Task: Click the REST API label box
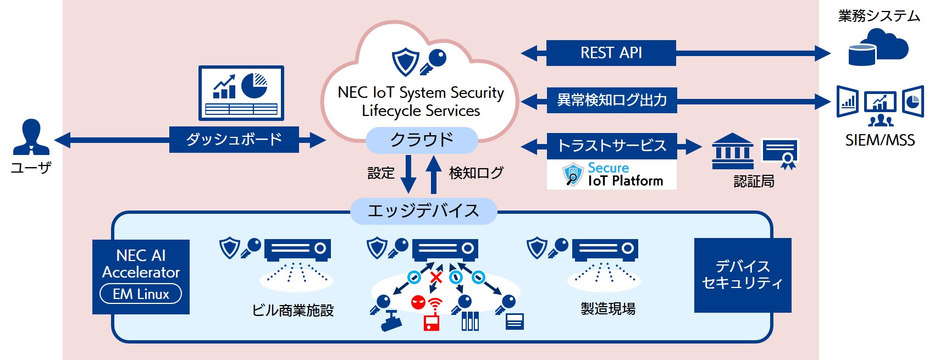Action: [611, 53]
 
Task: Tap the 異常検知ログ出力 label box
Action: [612, 100]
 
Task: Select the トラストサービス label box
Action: [612, 146]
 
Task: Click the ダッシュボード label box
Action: [234, 140]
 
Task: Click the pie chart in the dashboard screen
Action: [254, 85]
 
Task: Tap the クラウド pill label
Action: [422, 140]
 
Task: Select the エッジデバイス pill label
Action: [423, 211]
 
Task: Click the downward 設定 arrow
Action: [408, 174]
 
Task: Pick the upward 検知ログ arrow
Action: [434, 174]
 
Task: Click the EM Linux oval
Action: [141, 294]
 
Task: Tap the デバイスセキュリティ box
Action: [743, 275]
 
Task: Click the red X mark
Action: [436, 277]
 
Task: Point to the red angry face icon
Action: [418, 302]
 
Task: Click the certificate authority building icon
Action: [732, 151]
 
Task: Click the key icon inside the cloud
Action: [433, 62]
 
